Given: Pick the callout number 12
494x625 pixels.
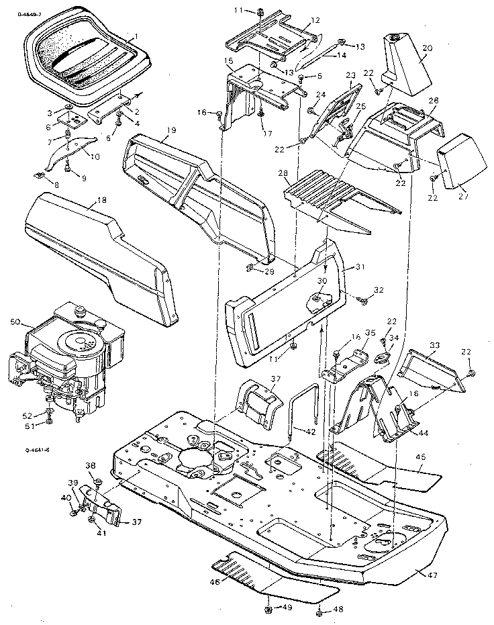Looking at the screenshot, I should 315,21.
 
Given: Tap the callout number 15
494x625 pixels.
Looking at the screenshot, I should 229,61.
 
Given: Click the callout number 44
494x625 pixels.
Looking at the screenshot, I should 424,434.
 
